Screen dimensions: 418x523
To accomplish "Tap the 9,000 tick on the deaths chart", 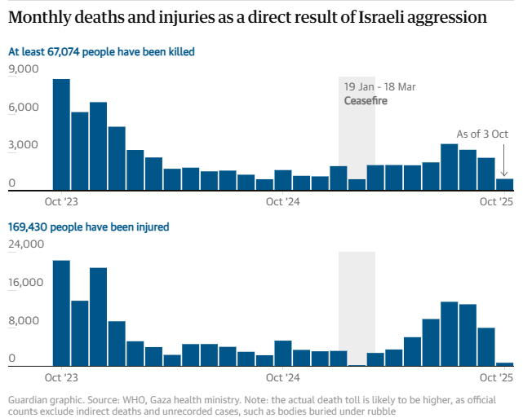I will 24,69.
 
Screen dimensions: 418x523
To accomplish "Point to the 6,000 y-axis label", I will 24,108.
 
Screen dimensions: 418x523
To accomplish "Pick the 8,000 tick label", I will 24,320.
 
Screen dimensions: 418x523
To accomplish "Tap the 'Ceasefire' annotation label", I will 366,101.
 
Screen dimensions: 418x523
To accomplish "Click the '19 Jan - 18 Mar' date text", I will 380,87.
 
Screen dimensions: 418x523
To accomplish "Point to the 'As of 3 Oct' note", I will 482,134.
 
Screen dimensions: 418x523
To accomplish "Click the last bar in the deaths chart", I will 505,184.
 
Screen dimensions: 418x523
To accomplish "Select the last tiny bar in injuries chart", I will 505,364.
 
